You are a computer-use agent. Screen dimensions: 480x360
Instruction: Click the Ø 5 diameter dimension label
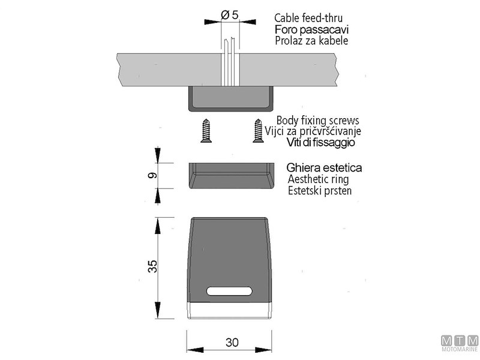point(230,14)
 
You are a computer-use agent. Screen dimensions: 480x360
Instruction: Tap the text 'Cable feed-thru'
point(308,18)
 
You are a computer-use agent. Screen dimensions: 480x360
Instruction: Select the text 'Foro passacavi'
point(311,29)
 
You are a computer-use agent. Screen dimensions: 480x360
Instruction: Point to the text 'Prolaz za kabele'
point(311,41)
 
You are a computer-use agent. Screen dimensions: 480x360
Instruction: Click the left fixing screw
point(206,131)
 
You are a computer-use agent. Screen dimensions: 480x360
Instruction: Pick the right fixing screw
point(258,131)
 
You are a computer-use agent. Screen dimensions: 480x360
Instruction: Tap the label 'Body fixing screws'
point(318,121)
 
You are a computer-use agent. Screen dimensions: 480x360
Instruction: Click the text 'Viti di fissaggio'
point(321,142)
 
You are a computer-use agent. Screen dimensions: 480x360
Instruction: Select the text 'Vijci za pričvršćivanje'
point(313,131)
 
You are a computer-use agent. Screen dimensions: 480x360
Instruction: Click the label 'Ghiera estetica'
point(324,168)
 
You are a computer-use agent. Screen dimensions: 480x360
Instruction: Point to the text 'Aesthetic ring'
point(318,179)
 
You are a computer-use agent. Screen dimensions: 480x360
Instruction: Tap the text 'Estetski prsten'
point(320,191)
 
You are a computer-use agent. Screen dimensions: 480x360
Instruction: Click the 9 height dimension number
point(152,175)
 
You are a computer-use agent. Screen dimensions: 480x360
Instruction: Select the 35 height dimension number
point(152,266)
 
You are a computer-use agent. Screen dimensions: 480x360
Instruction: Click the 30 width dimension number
point(232,342)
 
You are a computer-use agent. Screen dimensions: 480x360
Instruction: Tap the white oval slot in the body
point(229,291)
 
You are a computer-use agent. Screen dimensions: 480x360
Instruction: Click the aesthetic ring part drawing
point(232,176)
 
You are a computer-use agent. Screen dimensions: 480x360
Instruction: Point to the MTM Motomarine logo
point(460,343)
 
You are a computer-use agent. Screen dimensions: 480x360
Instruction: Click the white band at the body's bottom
point(229,311)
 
